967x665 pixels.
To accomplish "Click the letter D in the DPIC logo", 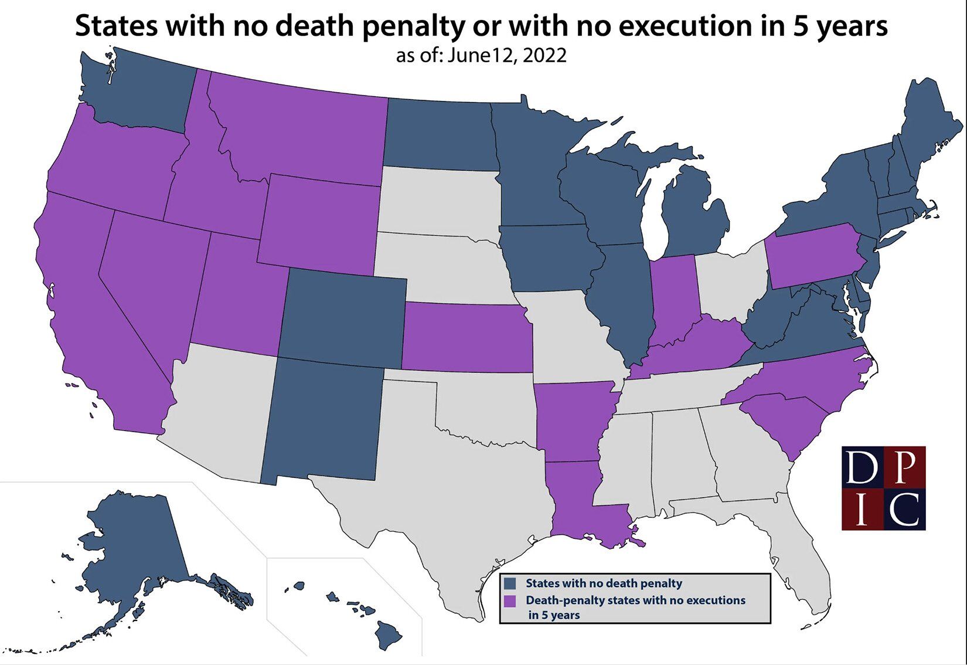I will pyautogui.click(x=862, y=467).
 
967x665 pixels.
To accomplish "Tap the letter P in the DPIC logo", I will pyautogui.click(x=905, y=467).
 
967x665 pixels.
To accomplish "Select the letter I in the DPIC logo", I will pyautogui.click(x=862, y=509).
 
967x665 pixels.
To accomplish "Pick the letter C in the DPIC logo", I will pyautogui.click(x=905, y=509).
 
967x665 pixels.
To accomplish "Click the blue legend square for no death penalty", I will pyautogui.click(x=510, y=583).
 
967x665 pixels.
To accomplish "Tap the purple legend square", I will pyautogui.click(x=510, y=600).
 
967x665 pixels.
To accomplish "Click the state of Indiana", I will pyautogui.click(x=674, y=299).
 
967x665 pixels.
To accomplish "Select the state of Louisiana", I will pyautogui.click(x=577, y=498).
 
